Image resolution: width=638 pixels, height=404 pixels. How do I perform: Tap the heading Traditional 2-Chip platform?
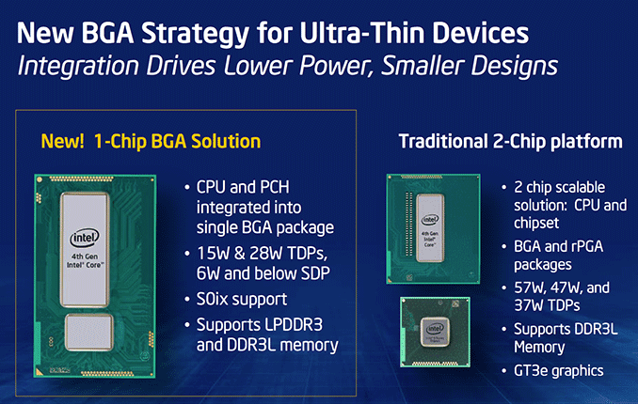coord(510,142)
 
